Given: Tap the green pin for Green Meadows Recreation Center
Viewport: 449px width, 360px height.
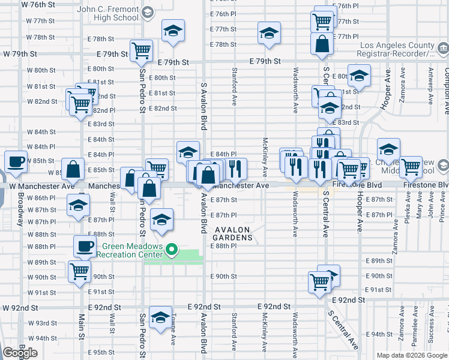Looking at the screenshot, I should pyautogui.click(x=171, y=248).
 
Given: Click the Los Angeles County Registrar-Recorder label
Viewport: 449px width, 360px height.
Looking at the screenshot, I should pyautogui.click(x=397, y=50).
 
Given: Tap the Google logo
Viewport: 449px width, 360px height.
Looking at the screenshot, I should pyautogui.click(x=20, y=353).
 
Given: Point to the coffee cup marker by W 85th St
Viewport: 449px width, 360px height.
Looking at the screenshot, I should pyautogui.click(x=16, y=161).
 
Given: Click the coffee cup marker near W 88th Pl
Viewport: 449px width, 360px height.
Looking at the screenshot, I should pyautogui.click(x=85, y=245).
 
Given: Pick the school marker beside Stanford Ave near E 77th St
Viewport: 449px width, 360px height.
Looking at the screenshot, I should pyautogui.click(x=269, y=32).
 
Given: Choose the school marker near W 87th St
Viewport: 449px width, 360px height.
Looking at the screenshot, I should pyautogui.click(x=77, y=205).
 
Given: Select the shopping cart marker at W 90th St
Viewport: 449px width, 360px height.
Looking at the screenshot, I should pyautogui.click(x=80, y=272).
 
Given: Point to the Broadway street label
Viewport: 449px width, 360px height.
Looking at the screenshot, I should pyautogui.click(x=21, y=204).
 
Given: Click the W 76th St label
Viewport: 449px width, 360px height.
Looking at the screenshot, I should pyautogui.click(x=38, y=5).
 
